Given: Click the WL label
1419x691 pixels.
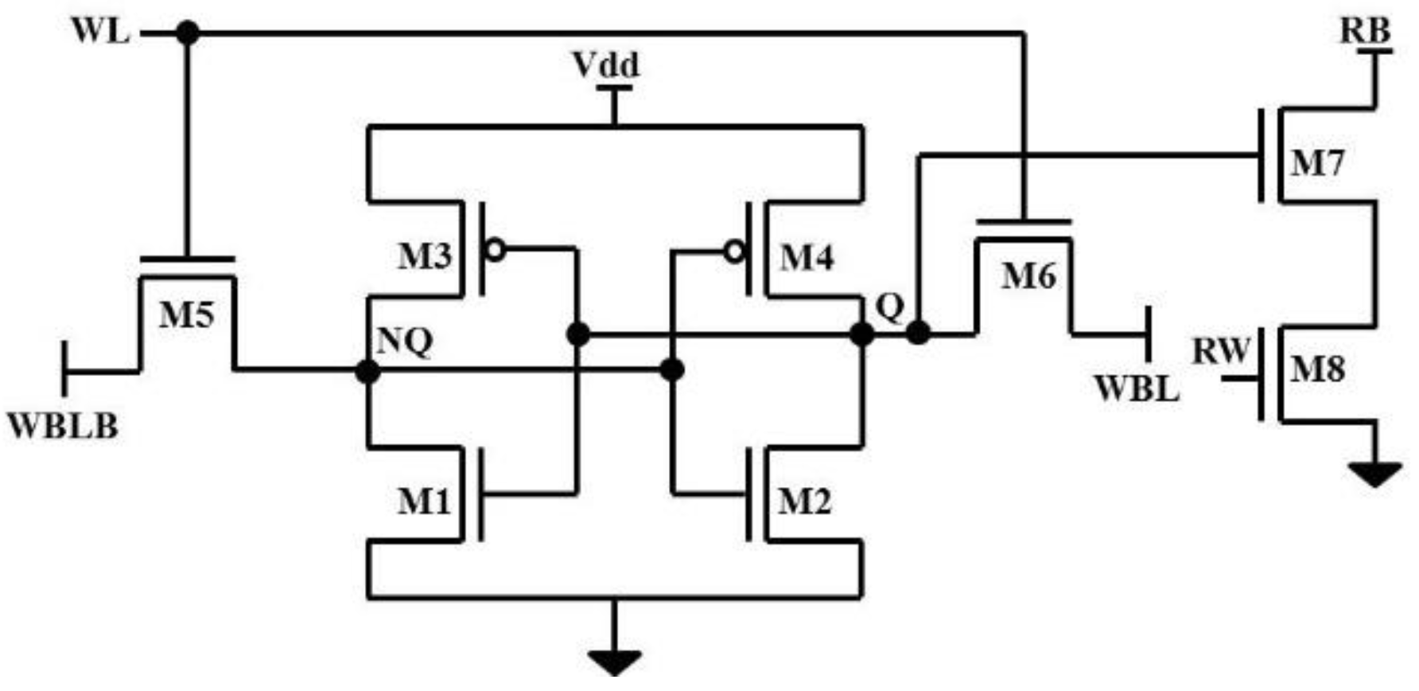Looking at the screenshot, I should click(100, 32).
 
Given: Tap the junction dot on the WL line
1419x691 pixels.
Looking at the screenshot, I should click(188, 33).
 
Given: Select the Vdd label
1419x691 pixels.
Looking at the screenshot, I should click(606, 64).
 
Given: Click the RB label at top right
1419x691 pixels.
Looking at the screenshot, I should click(1366, 31).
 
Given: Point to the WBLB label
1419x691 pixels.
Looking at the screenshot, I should click(63, 427).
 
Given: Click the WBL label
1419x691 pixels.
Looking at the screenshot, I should click(1136, 388).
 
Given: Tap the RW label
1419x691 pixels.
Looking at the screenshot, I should click(1222, 351).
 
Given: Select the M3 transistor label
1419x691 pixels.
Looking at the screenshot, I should click(425, 256).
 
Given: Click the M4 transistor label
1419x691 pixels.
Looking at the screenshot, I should click(807, 258).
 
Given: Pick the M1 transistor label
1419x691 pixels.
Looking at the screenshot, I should click(424, 502).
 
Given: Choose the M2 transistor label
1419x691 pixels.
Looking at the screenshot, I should click(804, 502).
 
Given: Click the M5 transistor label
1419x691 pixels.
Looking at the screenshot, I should click(186, 315).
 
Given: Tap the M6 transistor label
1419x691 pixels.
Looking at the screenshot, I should click(1028, 277).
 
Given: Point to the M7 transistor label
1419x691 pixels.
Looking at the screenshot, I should click(1317, 164).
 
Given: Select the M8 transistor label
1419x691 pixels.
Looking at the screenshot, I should click(1317, 369).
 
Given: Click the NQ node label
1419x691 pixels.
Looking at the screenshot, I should click(404, 342).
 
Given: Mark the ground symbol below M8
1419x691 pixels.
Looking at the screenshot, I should click(1374, 474).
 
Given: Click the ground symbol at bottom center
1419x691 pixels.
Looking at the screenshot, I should click(614, 661).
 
